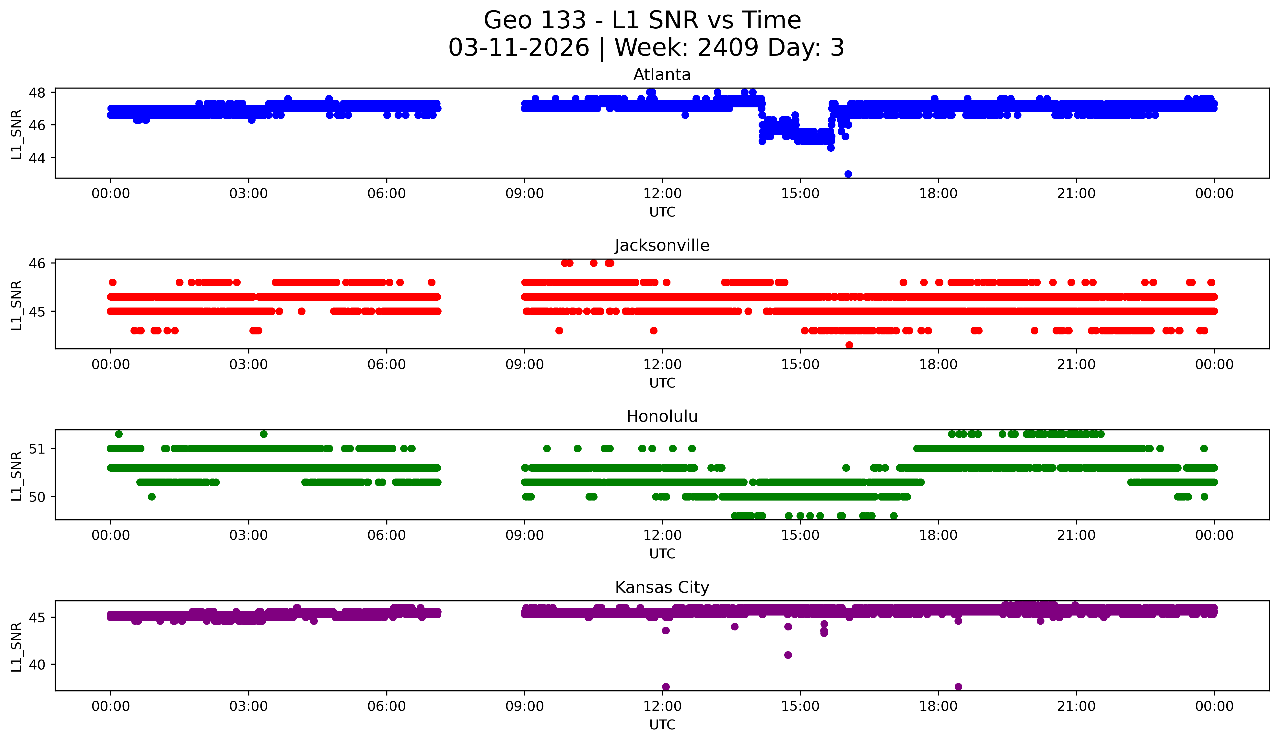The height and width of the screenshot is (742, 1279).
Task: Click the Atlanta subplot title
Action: tap(662, 75)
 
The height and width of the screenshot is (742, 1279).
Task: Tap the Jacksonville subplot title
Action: tap(662, 245)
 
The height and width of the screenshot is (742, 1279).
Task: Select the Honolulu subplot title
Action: tap(662, 416)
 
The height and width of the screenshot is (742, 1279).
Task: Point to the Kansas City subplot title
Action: tap(662, 587)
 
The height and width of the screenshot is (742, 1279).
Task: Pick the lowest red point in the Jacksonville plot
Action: tap(849, 345)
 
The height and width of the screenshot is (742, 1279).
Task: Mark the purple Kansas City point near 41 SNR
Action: tap(788, 655)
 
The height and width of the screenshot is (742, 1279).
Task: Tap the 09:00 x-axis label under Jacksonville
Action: tap(524, 365)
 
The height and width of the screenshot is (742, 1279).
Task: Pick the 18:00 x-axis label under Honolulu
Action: tap(938, 536)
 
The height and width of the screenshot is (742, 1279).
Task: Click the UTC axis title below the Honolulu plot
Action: tap(662, 554)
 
